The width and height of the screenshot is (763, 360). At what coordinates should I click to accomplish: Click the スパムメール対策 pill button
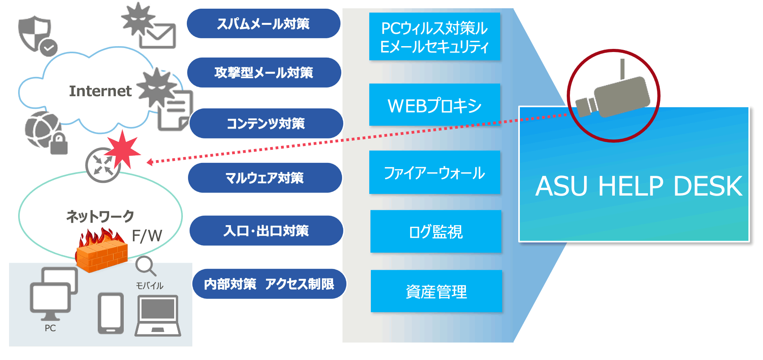[x=263, y=24]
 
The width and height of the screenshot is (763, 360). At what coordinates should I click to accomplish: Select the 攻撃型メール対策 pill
[x=264, y=73]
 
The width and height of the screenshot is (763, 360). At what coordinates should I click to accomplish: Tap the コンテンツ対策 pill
[x=266, y=123]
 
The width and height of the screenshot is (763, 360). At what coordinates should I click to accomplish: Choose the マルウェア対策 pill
[x=264, y=178]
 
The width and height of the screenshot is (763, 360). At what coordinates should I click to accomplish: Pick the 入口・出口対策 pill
[x=266, y=231]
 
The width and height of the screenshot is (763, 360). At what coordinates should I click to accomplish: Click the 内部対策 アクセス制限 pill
[x=269, y=284]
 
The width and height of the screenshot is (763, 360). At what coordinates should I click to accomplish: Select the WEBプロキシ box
[x=434, y=105]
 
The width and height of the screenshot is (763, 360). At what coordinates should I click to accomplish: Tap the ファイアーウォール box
[x=434, y=172]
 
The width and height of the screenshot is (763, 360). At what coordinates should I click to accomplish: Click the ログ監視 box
[x=435, y=231]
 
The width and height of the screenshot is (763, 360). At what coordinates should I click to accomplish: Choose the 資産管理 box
[x=436, y=291]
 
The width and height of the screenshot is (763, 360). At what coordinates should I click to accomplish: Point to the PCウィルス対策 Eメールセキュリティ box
[x=434, y=37]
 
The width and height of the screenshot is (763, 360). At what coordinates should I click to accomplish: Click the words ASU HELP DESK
[x=638, y=186]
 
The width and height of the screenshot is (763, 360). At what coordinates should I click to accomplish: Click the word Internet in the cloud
[x=100, y=91]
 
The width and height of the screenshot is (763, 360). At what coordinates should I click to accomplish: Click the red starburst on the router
[x=123, y=149]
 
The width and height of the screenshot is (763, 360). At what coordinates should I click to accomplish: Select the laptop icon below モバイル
[x=158, y=316]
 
